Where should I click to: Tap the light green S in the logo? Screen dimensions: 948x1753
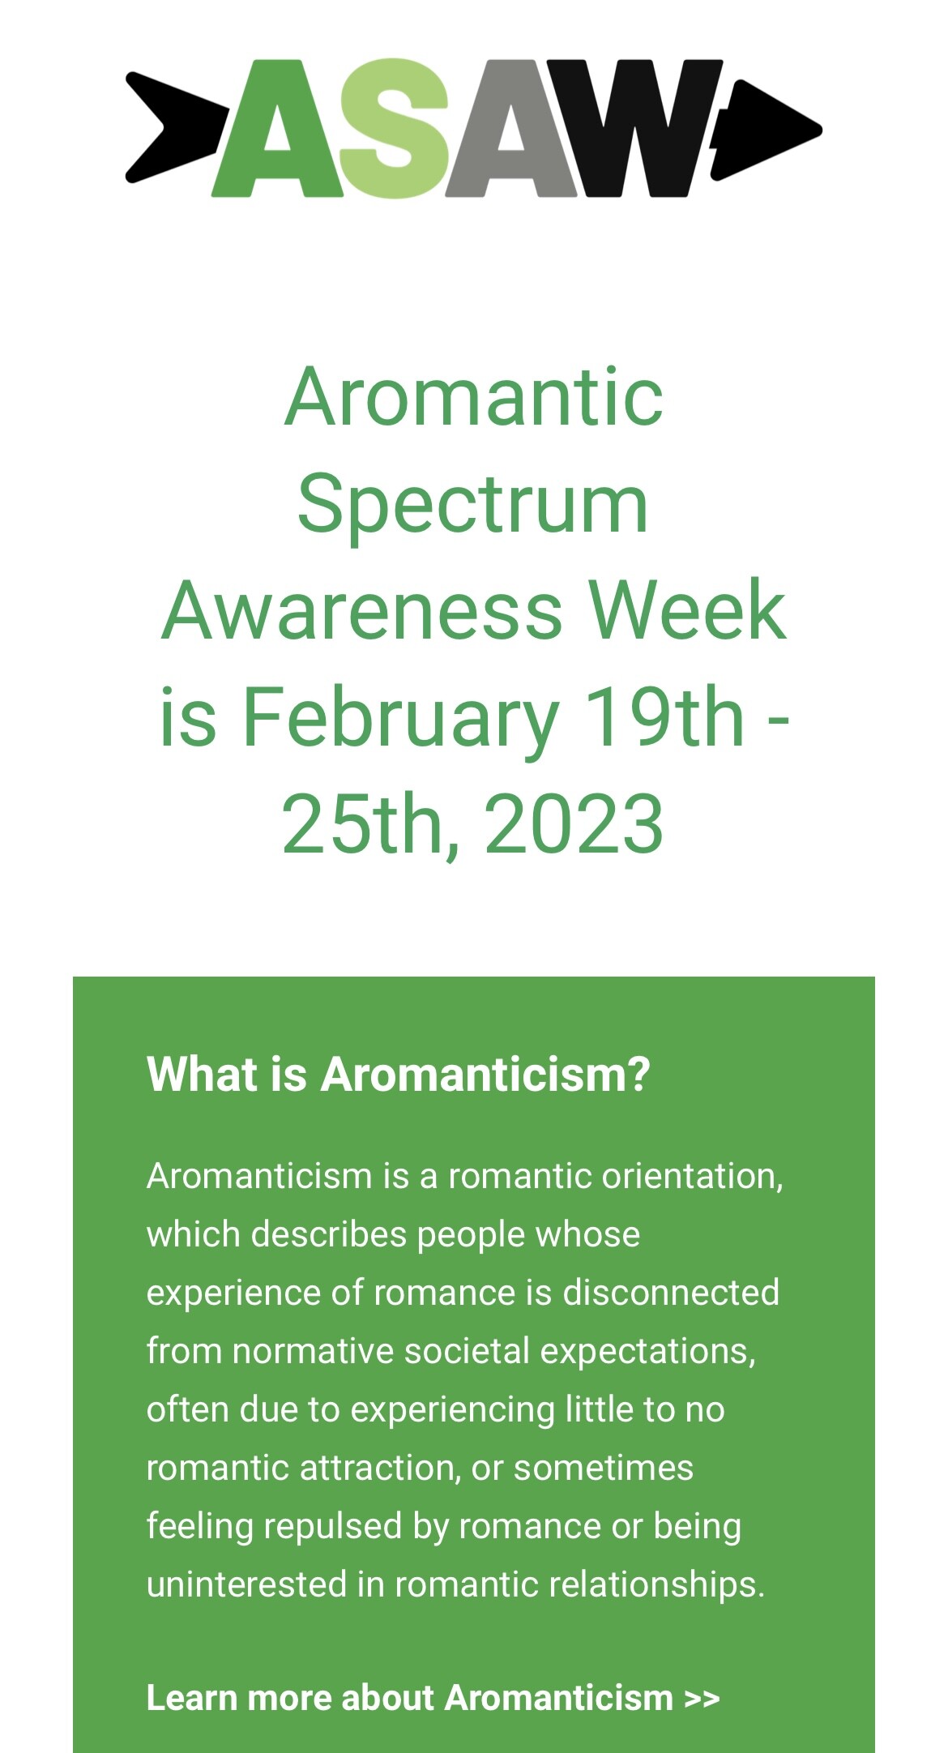395,128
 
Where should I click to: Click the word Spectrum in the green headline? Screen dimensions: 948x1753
473,506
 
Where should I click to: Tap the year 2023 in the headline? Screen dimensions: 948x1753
574,823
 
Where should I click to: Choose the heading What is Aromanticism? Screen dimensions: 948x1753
399,1074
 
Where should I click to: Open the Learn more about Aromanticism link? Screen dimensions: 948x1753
433,1698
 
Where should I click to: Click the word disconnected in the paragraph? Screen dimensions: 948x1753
671,1293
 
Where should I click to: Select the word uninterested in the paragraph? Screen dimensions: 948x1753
247,1584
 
